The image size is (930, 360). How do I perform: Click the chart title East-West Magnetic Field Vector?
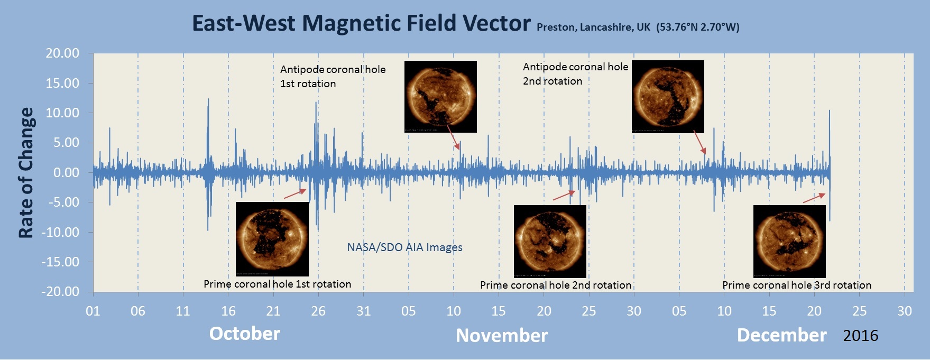click(361, 23)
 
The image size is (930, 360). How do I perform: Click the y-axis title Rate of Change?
click(26, 173)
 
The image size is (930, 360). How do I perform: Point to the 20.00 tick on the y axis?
click(63, 53)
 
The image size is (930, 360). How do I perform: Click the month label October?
click(245, 334)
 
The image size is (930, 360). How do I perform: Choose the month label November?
click(502, 336)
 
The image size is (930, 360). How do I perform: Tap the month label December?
click(781, 335)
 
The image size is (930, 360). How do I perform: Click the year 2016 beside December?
click(861, 336)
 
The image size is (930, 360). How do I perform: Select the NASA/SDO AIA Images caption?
click(404, 247)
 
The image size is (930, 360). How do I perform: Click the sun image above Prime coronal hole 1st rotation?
click(272, 239)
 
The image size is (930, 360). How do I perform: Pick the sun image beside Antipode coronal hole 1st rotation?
click(440, 96)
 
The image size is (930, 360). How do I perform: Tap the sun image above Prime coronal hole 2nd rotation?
click(550, 241)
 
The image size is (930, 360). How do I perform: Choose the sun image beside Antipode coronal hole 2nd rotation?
click(668, 96)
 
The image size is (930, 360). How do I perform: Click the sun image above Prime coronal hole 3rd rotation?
click(789, 241)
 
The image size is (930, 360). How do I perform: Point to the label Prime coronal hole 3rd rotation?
click(797, 285)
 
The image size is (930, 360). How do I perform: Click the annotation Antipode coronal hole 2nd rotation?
click(575, 74)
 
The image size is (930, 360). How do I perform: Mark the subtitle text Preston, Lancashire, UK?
click(593, 27)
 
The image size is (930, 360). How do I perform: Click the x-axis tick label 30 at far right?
click(905, 311)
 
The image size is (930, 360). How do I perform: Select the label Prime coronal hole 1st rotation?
click(278, 284)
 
